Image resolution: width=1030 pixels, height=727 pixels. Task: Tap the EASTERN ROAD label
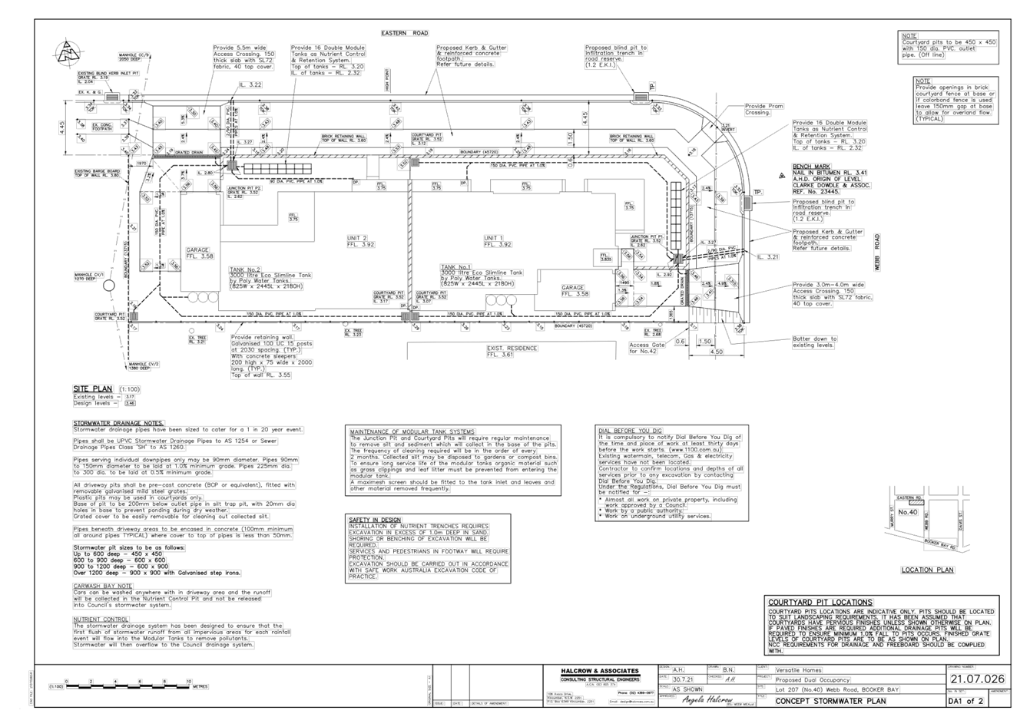click(x=405, y=34)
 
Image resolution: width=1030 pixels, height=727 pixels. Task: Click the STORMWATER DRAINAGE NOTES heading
click(x=119, y=423)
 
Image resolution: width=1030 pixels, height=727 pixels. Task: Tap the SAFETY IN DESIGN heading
click(x=376, y=520)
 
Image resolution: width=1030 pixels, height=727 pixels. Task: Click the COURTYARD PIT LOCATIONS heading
click(x=820, y=603)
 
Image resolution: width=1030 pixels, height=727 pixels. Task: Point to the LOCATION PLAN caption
click(x=927, y=570)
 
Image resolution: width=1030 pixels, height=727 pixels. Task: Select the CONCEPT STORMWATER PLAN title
click(x=830, y=701)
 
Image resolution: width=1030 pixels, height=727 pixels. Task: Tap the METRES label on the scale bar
click(x=200, y=687)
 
